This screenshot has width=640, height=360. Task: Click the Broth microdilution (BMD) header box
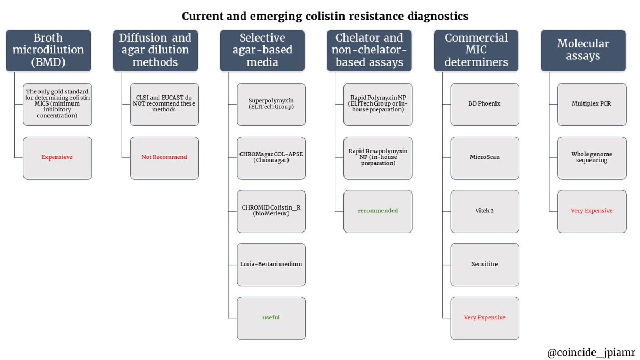(x=49, y=51)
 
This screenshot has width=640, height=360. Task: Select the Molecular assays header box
(x=583, y=51)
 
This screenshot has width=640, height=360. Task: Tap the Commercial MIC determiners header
(x=476, y=51)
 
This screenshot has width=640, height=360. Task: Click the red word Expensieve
(x=57, y=157)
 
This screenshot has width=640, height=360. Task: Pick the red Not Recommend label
(x=164, y=157)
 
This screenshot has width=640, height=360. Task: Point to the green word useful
(x=271, y=317)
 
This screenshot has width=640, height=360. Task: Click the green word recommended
(x=378, y=211)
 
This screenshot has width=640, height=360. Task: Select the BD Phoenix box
(x=485, y=105)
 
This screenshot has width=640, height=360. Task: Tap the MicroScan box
(x=485, y=158)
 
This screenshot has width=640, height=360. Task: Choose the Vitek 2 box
(x=485, y=211)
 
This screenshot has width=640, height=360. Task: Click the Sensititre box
(x=485, y=265)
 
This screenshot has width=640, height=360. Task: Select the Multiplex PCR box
(x=591, y=105)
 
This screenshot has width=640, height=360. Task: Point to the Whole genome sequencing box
(x=591, y=158)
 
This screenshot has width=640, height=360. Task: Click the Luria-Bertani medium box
(x=271, y=265)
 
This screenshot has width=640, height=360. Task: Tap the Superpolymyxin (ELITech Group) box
(x=271, y=105)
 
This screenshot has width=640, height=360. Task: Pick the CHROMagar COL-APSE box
(x=271, y=158)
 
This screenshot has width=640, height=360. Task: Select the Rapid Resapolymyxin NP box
(x=378, y=158)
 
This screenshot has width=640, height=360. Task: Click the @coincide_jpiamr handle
(x=591, y=353)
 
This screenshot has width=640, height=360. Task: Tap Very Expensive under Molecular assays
(x=591, y=211)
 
